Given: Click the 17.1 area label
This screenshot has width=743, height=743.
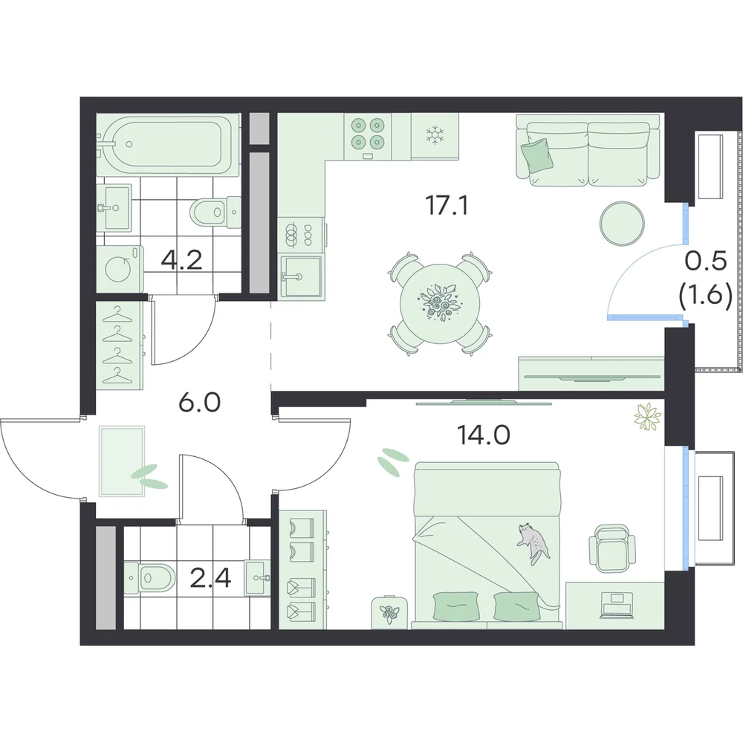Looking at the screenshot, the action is tap(447, 205).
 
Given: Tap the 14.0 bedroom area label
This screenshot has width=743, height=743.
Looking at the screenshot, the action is tap(484, 434).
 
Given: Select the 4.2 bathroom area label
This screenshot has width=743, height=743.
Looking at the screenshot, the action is tap(181, 259).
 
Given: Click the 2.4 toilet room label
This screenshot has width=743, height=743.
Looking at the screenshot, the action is tap(210, 577).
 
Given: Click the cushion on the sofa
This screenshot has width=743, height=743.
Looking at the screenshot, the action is tap(537, 155).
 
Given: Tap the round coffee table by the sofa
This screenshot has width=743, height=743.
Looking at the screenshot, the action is tap(622, 224).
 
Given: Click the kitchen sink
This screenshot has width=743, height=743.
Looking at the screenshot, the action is tap(302, 276).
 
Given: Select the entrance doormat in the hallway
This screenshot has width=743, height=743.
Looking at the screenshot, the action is tap(122, 461).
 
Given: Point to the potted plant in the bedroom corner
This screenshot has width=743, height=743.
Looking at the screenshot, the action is tap(647, 417).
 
